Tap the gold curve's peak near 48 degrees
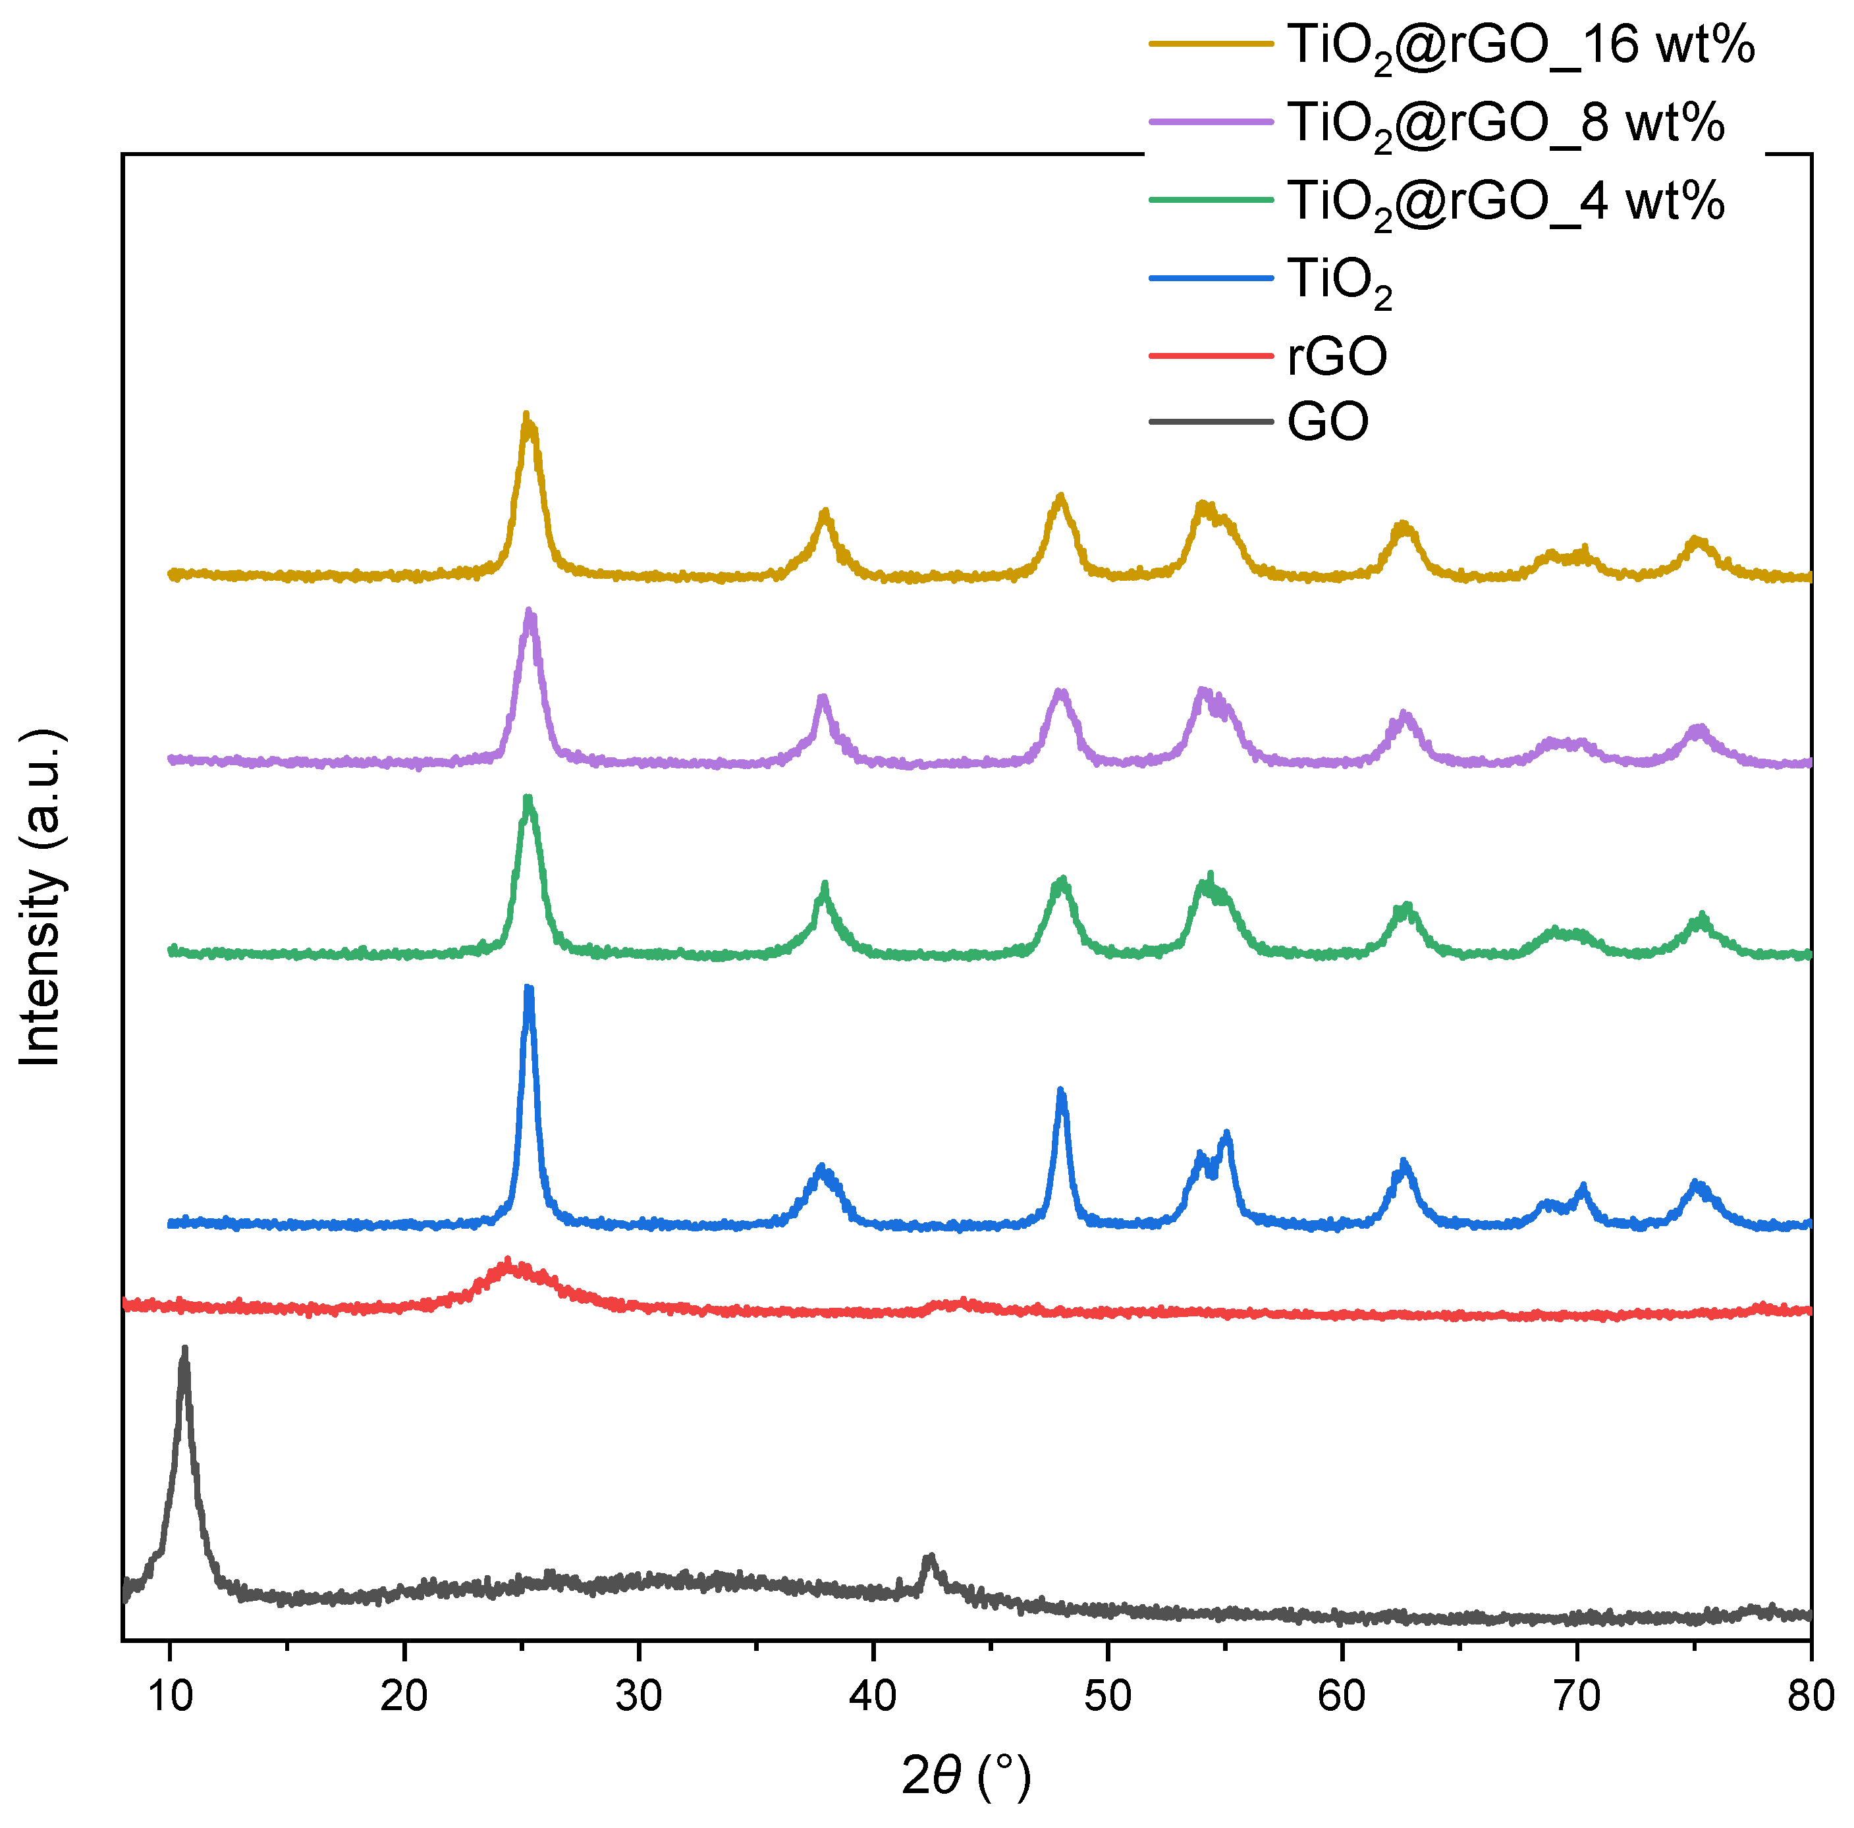1060,498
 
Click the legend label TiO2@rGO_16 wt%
1520,45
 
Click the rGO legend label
1337,356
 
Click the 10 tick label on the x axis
170,1696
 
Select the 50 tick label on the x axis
1107,1696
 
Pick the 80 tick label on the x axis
1810,1696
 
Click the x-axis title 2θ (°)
966,1775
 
